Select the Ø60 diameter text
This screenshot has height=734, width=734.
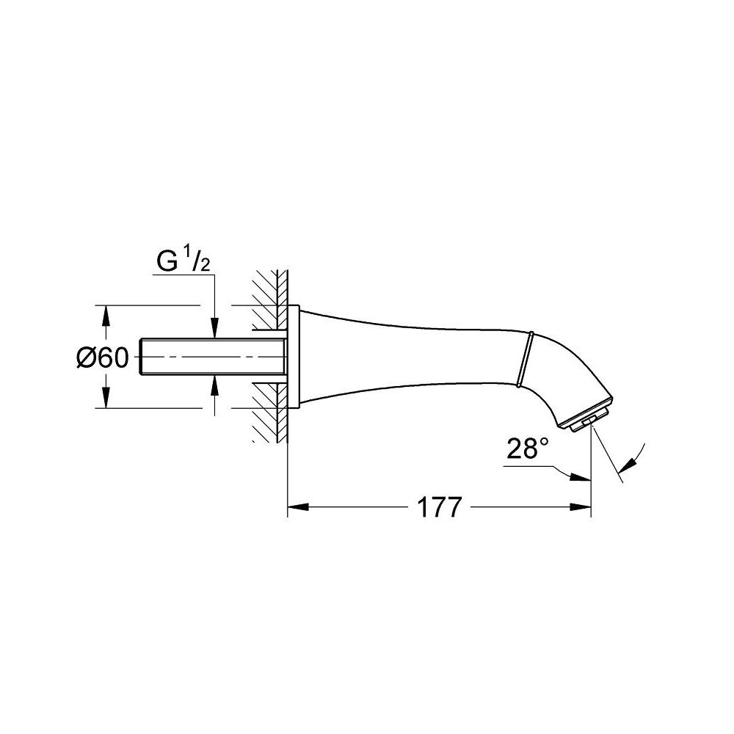point(102,357)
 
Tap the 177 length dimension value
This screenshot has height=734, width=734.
point(440,506)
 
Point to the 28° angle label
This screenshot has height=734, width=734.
point(526,450)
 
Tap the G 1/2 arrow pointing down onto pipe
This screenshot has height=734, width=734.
point(214,330)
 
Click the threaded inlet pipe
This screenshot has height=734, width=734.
point(213,357)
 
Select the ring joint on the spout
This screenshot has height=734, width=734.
point(524,359)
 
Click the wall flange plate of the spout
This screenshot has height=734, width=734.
point(293,357)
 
